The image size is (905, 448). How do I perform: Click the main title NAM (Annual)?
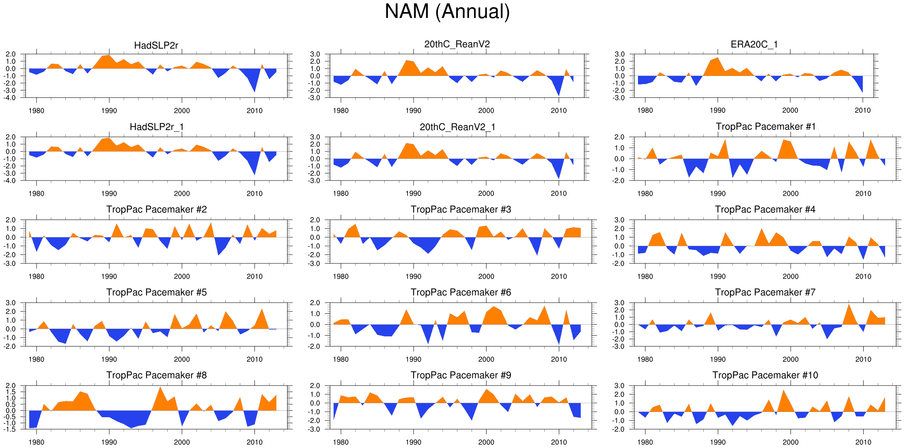[x=447, y=11]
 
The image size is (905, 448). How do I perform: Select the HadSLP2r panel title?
[x=156, y=45]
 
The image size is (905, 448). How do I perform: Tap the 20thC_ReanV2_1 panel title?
[x=457, y=127]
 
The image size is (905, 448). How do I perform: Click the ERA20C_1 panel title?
[x=754, y=44]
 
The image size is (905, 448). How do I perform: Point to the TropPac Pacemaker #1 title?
[x=765, y=127]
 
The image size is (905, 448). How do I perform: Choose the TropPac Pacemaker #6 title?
[x=461, y=292]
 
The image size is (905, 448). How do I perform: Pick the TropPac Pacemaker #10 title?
[x=765, y=375]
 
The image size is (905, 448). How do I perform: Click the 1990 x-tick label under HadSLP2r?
[x=109, y=111]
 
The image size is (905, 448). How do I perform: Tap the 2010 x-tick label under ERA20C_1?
[x=863, y=110]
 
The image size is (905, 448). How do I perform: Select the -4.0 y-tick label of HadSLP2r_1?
[x=11, y=181]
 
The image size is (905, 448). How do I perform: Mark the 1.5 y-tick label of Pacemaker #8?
[x=11, y=392]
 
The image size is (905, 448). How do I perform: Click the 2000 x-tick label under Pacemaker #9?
[x=486, y=442]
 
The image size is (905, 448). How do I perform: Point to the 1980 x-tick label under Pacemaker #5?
[x=37, y=359]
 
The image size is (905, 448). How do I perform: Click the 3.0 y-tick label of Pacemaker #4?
[x=619, y=220]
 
